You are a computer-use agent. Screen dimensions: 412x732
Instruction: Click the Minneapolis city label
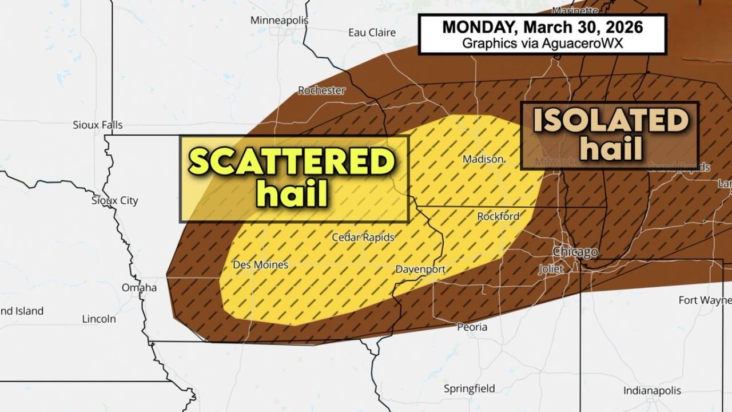pos(279,21)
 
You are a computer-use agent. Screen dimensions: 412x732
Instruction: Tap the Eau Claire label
pos(372,33)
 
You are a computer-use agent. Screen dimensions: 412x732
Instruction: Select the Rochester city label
pos(321,90)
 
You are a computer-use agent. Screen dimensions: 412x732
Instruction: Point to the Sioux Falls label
pos(98,125)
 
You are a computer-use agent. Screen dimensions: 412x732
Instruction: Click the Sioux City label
pos(115,200)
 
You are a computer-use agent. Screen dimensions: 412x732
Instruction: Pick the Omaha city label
pos(139,287)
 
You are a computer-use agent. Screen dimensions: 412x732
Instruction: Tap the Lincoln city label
pos(99,319)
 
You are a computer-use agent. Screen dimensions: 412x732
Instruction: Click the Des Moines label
pos(261,265)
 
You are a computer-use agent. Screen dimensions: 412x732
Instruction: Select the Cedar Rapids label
pos(363,237)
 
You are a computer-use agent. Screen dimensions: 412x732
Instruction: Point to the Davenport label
pos(420,269)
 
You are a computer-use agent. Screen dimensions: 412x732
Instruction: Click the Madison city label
pos(483,159)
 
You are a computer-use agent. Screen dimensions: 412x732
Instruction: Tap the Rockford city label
pos(499,216)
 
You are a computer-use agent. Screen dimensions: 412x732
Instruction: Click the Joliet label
pos(551,268)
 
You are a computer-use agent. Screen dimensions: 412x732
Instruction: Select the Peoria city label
pos(472,327)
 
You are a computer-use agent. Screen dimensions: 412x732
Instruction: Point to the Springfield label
pos(470,389)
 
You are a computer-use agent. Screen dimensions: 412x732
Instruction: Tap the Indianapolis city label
pos(652,391)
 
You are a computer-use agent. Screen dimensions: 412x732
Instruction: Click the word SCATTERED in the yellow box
pos(292,162)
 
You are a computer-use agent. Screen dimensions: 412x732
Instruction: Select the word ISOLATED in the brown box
pos(610,121)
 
